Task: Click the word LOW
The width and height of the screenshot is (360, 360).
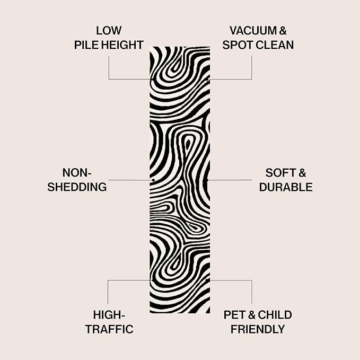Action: [109, 31]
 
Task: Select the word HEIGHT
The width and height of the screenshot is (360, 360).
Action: [122, 45]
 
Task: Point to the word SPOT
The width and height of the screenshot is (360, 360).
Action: [238, 45]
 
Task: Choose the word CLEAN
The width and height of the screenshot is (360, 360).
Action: [275, 45]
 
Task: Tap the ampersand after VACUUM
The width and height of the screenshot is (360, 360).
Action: [283, 31]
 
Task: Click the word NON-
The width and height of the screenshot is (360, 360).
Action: [77, 173]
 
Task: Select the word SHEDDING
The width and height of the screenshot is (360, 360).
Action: [77, 187]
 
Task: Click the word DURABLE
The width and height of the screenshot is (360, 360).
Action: [286, 187]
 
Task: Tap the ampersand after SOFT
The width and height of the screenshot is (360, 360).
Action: [302, 173]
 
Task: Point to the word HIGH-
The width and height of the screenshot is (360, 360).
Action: [109, 315]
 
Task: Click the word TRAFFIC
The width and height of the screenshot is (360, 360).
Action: [109, 329]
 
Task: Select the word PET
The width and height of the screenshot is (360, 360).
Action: [234, 315]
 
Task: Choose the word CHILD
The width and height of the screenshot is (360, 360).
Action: [275, 315]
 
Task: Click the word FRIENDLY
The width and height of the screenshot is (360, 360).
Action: [258, 329]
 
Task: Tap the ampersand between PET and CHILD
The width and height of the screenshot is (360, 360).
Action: [251, 315]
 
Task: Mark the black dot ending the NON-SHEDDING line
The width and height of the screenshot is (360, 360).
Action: [153, 180]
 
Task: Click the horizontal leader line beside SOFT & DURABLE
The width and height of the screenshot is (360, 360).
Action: [230, 180]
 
